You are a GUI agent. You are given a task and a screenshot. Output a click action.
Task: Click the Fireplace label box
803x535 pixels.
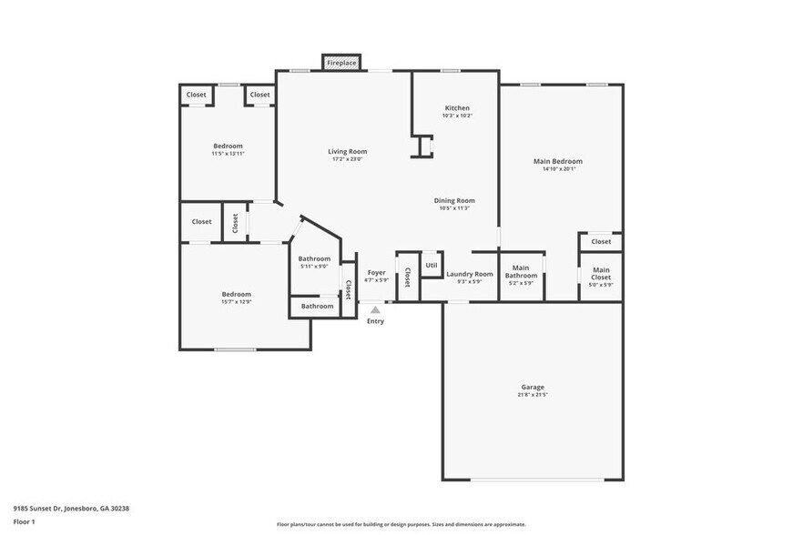click(341, 64)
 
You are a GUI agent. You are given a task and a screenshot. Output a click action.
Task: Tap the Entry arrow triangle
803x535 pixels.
click(375, 310)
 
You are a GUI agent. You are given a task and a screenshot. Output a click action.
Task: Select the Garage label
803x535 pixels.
click(533, 387)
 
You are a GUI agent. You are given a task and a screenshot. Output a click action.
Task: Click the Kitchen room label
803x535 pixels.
click(457, 108)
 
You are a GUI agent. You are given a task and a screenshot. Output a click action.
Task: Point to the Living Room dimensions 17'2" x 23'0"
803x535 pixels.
click(347, 159)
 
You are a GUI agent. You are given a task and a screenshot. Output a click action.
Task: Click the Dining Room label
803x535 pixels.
click(453, 200)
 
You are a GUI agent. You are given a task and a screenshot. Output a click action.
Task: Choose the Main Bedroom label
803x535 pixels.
click(557, 161)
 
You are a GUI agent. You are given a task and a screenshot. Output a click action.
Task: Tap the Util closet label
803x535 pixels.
click(431, 265)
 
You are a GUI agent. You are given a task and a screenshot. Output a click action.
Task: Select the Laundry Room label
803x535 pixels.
click(470, 274)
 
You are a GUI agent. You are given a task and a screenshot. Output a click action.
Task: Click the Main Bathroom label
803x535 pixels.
click(521, 271)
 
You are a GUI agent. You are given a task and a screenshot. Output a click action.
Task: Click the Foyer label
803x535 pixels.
click(376, 272)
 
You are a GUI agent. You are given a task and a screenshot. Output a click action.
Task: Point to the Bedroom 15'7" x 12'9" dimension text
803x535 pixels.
click(237, 302)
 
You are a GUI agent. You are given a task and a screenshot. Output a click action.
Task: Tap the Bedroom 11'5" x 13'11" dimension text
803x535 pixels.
click(228, 154)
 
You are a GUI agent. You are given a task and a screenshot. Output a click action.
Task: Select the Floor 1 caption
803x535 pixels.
click(24, 521)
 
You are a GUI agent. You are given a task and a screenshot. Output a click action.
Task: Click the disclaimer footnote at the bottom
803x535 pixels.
click(401, 524)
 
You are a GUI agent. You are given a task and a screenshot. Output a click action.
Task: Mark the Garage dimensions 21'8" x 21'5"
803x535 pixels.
click(533, 395)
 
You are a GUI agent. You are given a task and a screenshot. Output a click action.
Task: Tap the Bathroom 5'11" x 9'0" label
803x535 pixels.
click(314, 262)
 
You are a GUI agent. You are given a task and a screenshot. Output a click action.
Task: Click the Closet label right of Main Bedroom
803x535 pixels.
click(601, 242)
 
